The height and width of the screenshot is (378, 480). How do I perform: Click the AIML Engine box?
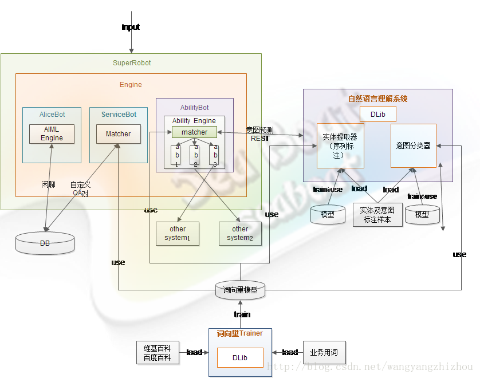click(51, 134)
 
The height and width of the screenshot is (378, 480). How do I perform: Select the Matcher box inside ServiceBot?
click(118, 134)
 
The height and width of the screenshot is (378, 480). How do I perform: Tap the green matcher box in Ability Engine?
click(194, 132)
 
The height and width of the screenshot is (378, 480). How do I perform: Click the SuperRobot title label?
click(132, 63)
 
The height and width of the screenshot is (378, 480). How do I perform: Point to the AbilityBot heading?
click(194, 108)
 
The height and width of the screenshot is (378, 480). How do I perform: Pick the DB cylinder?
click(45, 243)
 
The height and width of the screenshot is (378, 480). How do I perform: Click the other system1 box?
click(178, 234)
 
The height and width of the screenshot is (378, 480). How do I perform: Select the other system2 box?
click(240, 234)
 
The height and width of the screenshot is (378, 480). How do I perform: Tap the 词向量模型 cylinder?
click(240, 290)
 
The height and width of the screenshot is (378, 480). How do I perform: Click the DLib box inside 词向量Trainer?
click(239, 357)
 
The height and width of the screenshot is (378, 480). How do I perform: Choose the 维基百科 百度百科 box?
click(158, 353)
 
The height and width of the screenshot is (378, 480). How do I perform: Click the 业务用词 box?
click(324, 352)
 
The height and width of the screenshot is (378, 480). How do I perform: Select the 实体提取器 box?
click(340, 145)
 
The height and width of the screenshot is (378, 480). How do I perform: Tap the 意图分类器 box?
click(413, 145)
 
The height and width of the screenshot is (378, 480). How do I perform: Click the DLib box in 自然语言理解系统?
click(377, 114)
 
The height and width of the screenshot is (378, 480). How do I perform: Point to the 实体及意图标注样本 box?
click(377, 215)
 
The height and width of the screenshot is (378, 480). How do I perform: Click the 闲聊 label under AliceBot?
click(49, 185)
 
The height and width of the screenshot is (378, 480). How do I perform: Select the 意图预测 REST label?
click(259, 134)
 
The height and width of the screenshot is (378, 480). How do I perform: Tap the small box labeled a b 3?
click(215, 155)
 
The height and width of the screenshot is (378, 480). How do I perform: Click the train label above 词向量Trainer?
click(242, 314)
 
